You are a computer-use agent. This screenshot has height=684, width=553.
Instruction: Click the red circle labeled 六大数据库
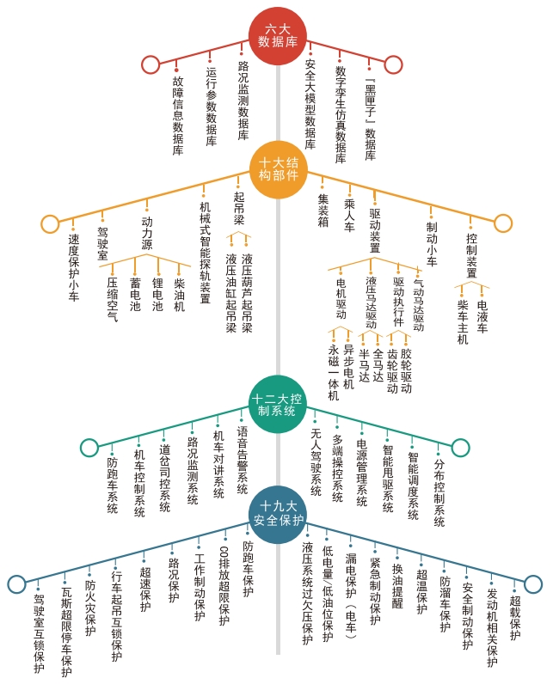click(x=278, y=36)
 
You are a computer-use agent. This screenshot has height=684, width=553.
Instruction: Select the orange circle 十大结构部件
click(x=279, y=169)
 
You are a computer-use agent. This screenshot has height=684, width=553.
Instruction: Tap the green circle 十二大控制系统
click(x=277, y=405)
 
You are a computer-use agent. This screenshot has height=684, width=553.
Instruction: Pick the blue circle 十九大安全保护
click(x=278, y=514)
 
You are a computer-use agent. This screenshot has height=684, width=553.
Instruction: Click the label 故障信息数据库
click(x=178, y=116)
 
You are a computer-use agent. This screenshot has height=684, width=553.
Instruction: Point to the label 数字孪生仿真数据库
click(x=341, y=114)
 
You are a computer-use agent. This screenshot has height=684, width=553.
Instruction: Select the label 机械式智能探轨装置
click(x=205, y=253)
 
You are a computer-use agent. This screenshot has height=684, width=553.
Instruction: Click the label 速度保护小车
click(x=74, y=267)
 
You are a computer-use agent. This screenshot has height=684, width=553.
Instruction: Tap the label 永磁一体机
click(x=334, y=373)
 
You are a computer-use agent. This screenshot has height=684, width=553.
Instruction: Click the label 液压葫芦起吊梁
click(x=247, y=293)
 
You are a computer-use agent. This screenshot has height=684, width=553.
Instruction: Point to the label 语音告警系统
click(x=243, y=460)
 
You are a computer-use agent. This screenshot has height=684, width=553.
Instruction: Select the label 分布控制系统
click(x=439, y=492)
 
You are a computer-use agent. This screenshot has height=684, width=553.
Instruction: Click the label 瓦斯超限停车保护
click(x=66, y=632)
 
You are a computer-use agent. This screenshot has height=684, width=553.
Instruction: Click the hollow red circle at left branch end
click(x=151, y=64)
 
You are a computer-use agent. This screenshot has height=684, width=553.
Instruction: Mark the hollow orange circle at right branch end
click(x=503, y=223)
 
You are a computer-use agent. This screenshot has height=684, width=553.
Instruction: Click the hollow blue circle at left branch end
click(x=17, y=583)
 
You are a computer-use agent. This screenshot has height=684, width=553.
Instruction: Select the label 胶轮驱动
click(x=406, y=371)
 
